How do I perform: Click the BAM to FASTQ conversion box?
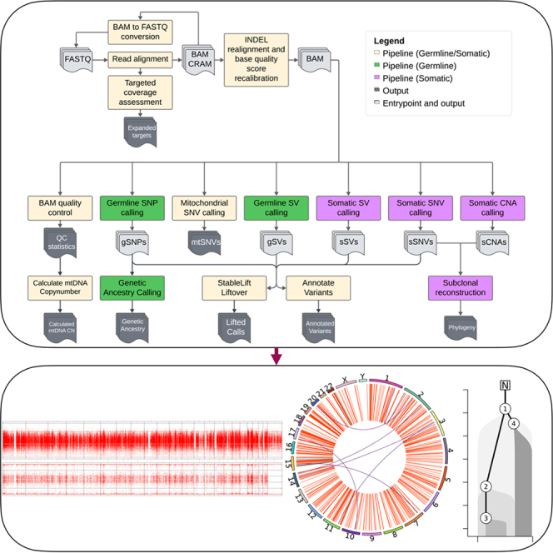click(x=140, y=32)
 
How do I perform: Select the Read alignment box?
click(x=140, y=59)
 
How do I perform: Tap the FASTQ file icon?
click(x=77, y=60)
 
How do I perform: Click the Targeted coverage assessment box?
click(x=140, y=92)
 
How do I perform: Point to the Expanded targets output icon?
click(x=141, y=132)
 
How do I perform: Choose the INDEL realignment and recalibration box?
click(x=257, y=60)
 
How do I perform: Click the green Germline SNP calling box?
click(x=132, y=208)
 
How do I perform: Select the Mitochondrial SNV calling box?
click(x=204, y=208)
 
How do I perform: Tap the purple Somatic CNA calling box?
click(x=492, y=208)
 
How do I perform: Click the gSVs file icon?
click(x=276, y=242)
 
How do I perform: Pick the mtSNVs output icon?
click(x=205, y=242)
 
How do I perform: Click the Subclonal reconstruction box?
click(x=461, y=288)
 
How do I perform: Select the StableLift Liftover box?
click(x=234, y=288)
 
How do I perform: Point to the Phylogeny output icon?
click(x=461, y=328)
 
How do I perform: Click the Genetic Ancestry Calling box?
click(x=132, y=288)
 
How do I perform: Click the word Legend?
click(x=389, y=41)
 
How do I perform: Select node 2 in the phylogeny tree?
click(x=486, y=486)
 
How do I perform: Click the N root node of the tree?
click(x=505, y=385)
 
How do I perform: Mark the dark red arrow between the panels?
click(x=276, y=356)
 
